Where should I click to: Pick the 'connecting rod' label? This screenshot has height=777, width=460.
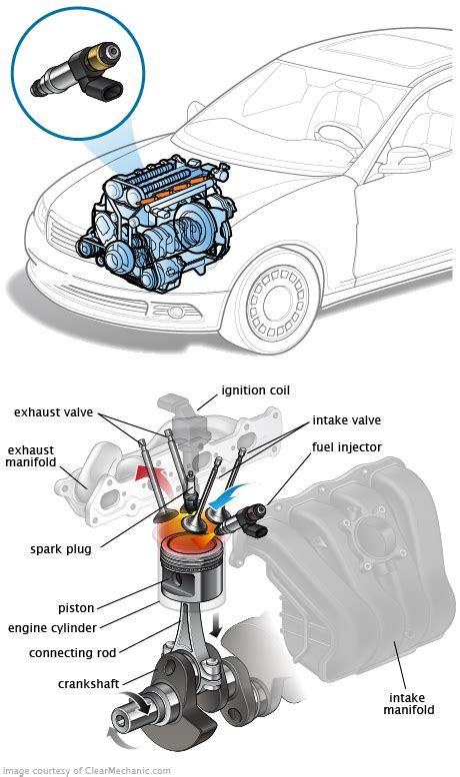pos(74,652)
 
